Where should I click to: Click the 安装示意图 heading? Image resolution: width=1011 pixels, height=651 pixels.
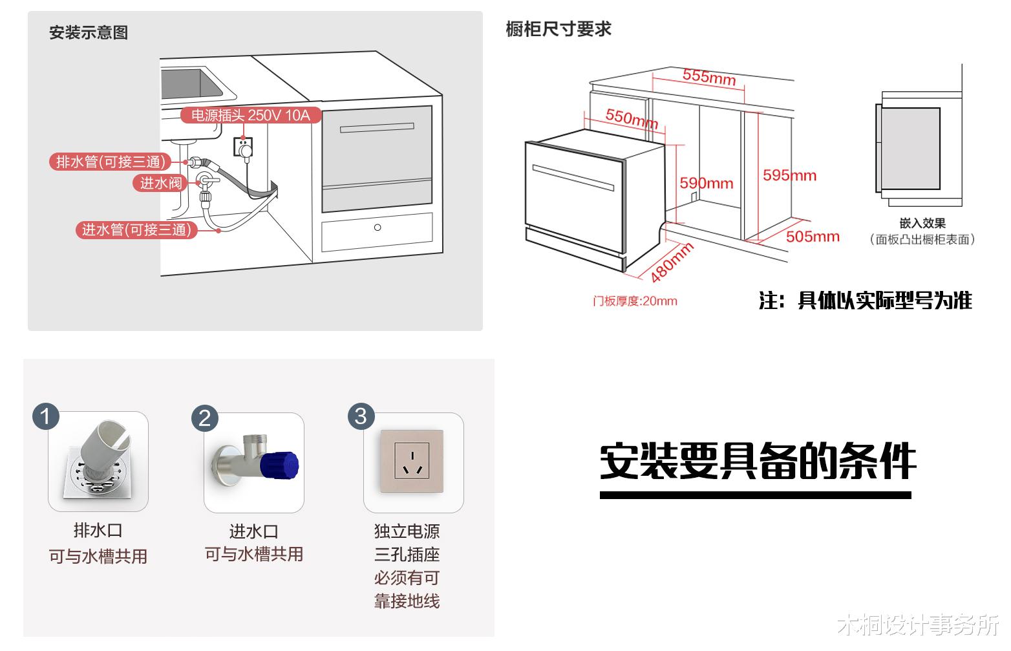point(89,32)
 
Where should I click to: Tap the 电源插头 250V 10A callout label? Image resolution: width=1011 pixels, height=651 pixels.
point(250,116)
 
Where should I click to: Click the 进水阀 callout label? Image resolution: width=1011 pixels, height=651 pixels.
point(161,183)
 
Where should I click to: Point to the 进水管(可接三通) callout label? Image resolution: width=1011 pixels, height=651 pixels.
point(136,230)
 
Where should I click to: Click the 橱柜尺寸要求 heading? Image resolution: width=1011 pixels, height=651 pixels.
point(559,29)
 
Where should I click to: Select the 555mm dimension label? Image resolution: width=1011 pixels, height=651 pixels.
point(709,76)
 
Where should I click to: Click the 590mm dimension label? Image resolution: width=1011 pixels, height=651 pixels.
point(706,184)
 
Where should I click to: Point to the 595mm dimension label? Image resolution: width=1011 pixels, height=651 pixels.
point(789,175)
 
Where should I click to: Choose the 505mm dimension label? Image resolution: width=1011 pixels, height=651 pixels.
point(813,237)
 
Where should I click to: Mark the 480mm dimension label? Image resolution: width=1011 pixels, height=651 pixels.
point(672,262)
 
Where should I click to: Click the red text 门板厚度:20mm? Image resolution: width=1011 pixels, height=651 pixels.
point(635,301)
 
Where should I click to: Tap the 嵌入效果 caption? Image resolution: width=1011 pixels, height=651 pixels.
point(922,223)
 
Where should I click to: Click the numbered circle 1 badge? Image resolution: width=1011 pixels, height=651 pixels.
point(46,416)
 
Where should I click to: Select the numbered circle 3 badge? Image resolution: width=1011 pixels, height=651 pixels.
point(361,416)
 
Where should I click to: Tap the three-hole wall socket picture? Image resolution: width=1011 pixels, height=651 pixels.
point(412,461)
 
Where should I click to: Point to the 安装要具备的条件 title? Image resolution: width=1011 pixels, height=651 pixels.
point(758,462)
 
